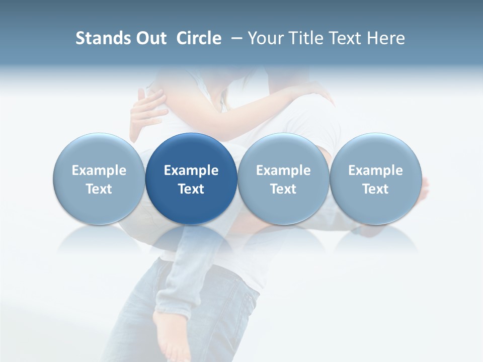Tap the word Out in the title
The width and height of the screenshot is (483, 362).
coord(150,38)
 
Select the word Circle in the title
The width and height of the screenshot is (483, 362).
coord(199,38)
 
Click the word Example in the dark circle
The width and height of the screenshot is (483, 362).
coord(191,170)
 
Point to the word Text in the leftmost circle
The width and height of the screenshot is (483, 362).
coord(99,189)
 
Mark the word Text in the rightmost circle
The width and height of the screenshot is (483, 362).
coord(375,189)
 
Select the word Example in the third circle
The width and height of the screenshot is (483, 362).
coord(283,170)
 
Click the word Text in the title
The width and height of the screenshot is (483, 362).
coord(346,38)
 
